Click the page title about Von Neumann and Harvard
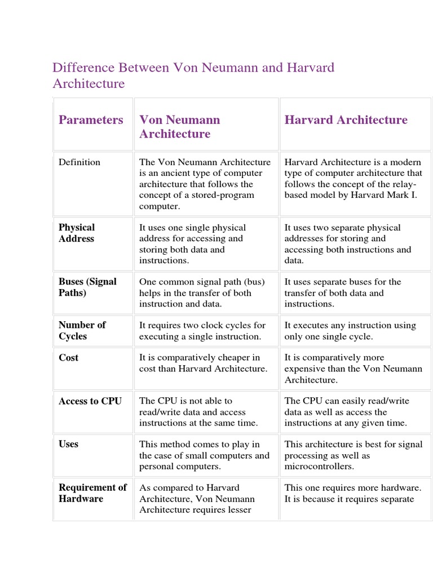(x=193, y=76)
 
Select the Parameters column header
(x=91, y=120)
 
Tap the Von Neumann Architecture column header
(x=180, y=127)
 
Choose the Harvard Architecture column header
(x=346, y=120)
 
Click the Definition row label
(x=79, y=162)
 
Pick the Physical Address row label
(x=77, y=233)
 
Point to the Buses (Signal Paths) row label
(x=87, y=287)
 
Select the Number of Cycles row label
(x=82, y=331)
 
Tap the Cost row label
(x=68, y=358)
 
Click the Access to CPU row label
(x=90, y=401)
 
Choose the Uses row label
(x=68, y=444)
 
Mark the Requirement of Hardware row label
(x=92, y=493)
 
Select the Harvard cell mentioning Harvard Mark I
(x=353, y=179)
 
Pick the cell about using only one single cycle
(x=350, y=331)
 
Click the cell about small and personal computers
(x=204, y=455)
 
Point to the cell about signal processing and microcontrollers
(x=353, y=455)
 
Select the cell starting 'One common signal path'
(x=202, y=292)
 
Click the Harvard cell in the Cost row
(x=353, y=369)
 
